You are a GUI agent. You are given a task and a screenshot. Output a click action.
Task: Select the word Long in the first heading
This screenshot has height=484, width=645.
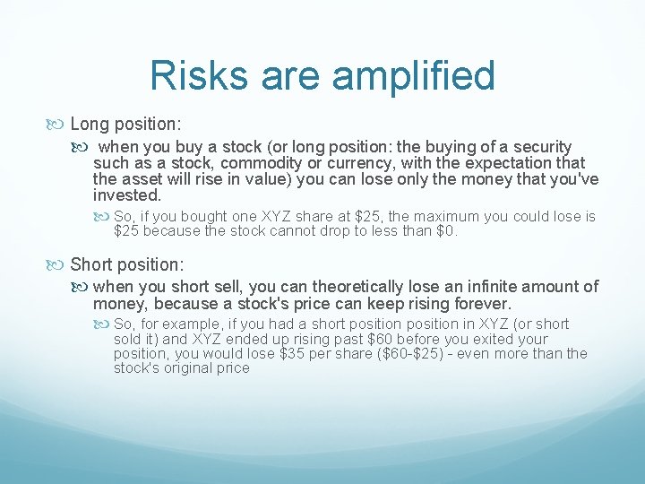(x=90, y=123)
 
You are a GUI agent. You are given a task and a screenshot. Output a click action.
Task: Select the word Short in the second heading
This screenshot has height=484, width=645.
(x=93, y=264)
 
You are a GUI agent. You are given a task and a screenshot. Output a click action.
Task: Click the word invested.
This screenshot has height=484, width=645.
(x=126, y=195)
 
